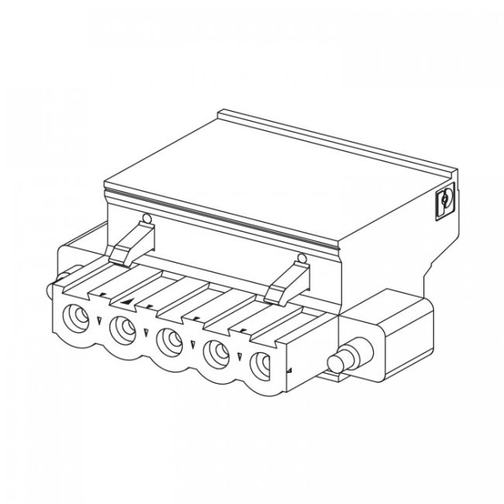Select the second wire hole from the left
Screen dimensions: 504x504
pos(123,329)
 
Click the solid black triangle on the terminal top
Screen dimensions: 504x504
pos(126,301)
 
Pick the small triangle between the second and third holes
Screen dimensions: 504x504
pos(146,332)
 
